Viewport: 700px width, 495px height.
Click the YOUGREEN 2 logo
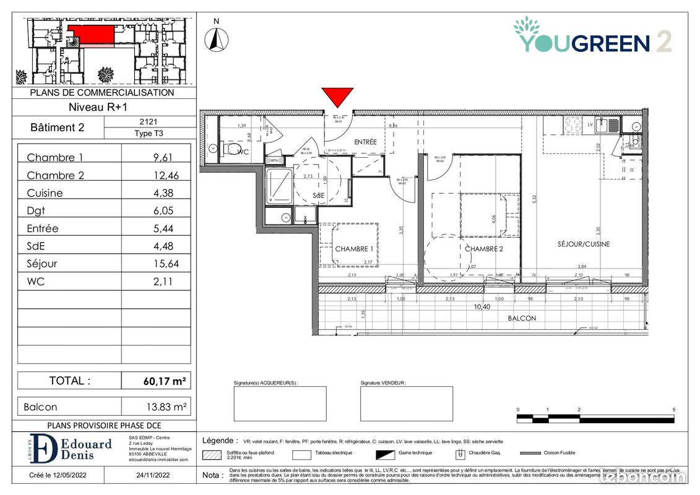(592, 37)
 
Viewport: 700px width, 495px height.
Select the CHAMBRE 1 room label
(354, 249)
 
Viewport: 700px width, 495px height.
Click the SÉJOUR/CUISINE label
(584, 244)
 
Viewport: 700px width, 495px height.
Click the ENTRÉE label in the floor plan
(365, 142)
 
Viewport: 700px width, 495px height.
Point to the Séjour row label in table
(42, 264)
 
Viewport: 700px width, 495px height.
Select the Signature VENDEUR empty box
(406, 403)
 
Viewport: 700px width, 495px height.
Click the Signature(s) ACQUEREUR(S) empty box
(280, 403)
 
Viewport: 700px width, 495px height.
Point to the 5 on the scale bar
(673, 410)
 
